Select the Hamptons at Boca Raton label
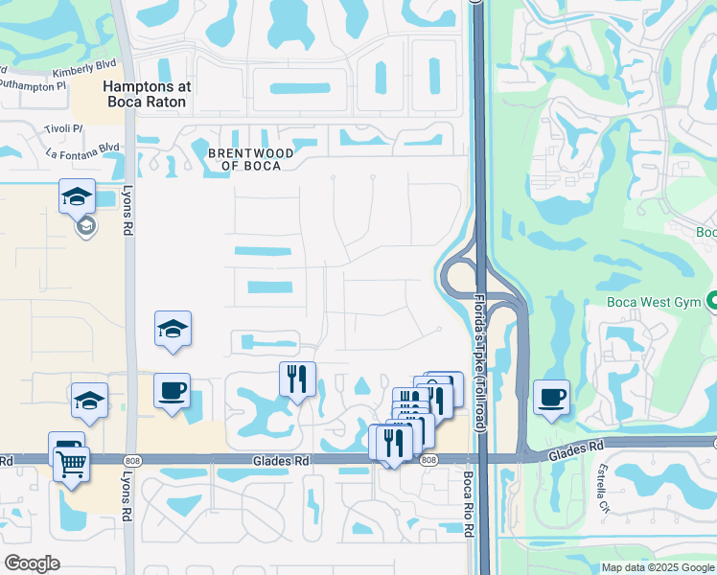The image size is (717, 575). (148, 93)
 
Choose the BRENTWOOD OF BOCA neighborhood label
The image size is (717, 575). (245, 158)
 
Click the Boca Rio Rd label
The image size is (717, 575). (469, 503)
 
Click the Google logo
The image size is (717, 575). (32, 563)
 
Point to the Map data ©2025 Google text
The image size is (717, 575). (658, 567)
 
